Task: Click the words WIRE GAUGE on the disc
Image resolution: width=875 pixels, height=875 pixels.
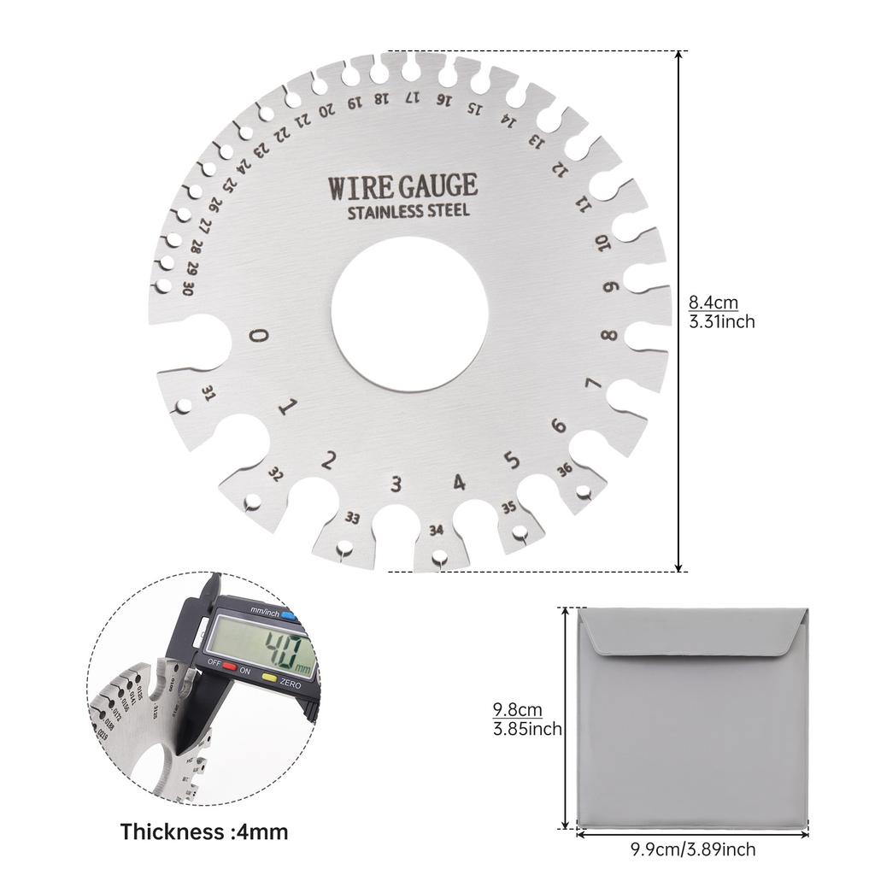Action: (402, 186)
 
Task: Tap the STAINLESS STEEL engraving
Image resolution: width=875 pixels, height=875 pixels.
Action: (408, 211)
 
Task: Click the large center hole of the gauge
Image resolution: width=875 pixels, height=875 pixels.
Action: (409, 314)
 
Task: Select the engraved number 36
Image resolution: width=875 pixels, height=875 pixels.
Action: (564, 469)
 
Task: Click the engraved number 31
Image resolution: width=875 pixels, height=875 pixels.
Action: (208, 392)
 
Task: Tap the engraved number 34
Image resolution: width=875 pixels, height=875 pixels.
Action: (437, 530)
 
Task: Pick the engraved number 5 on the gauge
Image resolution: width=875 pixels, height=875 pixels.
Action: (512, 461)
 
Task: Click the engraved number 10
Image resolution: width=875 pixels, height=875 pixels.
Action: (603, 244)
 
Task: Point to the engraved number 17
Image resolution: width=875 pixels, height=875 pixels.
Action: (413, 97)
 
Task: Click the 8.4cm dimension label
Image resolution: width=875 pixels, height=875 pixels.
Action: (713, 302)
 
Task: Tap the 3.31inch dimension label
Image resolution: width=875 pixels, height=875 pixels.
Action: (721, 322)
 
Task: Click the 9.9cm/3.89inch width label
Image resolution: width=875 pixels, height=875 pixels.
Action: (692, 849)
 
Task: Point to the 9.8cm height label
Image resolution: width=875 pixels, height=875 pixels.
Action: (517, 710)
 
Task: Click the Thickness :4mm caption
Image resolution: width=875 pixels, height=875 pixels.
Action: (203, 831)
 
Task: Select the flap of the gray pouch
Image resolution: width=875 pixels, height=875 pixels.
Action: (692, 632)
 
